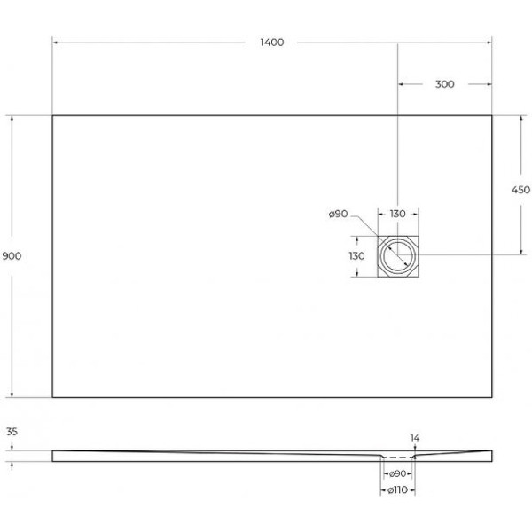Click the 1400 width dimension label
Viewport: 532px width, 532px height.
pyautogui.click(x=272, y=43)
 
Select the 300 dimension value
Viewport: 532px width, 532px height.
pyautogui.click(x=445, y=84)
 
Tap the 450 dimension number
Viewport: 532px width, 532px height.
pyautogui.click(x=521, y=190)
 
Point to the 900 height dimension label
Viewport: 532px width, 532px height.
pyautogui.click(x=12, y=256)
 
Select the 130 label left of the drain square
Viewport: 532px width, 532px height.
pyautogui.click(x=357, y=256)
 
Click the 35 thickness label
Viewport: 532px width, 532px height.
pyautogui.click(x=12, y=434)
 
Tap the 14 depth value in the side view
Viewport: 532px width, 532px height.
pyautogui.click(x=416, y=437)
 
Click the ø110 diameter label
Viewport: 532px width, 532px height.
pyautogui.click(x=396, y=490)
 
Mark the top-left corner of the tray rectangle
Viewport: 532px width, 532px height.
pyautogui.click(x=52, y=115)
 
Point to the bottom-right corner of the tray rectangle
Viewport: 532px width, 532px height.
pyautogui.click(x=492, y=397)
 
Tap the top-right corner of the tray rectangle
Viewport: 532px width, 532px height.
pyautogui.click(x=492, y=115)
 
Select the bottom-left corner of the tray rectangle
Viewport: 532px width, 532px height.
pyautogui.click(x=52, y=397)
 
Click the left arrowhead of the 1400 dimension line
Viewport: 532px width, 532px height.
pyautogui.click(x=55, y=43)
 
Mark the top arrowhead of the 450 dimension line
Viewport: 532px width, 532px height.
pyautogui.click(x=521, y=119)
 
